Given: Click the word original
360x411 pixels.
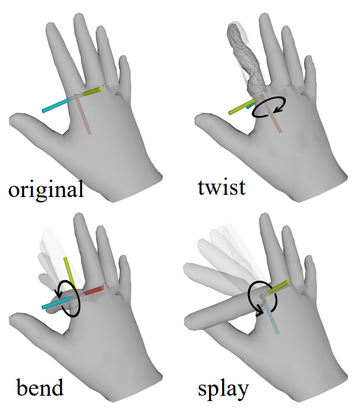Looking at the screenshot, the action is click(x=46, y=189).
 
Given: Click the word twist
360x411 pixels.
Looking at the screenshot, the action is click(x=222, y=187).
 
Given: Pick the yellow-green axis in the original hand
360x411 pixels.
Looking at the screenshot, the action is click(x=91, y=91).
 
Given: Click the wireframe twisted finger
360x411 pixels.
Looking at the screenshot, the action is click(x=245, y=57).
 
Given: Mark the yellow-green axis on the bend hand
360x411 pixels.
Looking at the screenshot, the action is click(x=68, y=271).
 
